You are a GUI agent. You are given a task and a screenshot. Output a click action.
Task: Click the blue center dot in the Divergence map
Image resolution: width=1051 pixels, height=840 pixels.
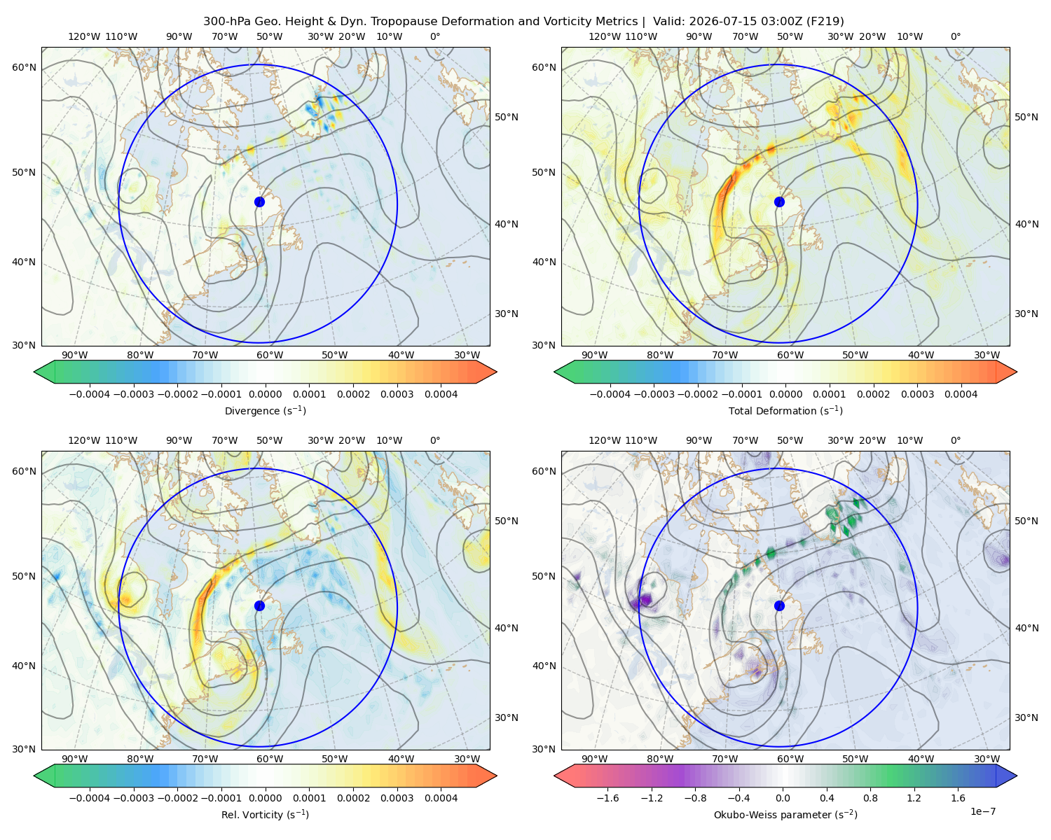(x=259, y=202)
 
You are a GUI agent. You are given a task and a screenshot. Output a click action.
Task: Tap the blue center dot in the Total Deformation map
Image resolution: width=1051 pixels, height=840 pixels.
(x=779, y=202)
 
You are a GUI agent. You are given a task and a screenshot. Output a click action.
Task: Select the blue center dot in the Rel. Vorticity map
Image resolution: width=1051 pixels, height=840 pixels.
(x=259, y=605)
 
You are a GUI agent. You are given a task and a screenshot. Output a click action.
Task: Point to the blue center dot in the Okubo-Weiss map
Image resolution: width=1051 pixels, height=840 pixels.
(x=779, y=605)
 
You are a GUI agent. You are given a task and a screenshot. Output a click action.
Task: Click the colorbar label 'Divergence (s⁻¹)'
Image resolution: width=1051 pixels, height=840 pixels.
(x=265, y=410)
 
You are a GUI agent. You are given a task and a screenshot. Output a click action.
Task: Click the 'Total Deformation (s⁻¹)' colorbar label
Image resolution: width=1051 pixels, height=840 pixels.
(x=785, y=410)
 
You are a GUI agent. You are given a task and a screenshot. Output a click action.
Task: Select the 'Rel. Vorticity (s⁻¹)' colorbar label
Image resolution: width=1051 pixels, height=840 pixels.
(x=265, y=814)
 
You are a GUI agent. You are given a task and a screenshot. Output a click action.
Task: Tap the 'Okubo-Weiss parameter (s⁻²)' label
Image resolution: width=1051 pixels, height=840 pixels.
(x=785, y=814)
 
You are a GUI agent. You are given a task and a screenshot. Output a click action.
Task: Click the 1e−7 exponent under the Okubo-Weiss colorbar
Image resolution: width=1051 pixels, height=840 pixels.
(x=982, y=811)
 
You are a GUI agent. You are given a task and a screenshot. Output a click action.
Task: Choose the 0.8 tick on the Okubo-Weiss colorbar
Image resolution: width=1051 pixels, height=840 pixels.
(x=870, y=797)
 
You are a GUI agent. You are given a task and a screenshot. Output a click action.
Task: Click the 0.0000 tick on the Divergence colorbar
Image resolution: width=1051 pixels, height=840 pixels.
(x=265, y=394)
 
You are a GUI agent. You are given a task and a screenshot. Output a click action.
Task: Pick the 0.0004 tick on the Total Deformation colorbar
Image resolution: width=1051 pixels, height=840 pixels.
(x=961, y=394)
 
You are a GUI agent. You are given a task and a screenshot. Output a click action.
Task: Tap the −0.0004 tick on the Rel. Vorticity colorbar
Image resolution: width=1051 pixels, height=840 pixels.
(x=90, y=797)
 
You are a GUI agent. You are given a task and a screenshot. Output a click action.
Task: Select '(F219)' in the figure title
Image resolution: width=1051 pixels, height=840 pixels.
(x=825, y=21)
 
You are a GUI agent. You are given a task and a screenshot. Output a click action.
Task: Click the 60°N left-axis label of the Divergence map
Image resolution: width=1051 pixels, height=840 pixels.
(x=24, y=67)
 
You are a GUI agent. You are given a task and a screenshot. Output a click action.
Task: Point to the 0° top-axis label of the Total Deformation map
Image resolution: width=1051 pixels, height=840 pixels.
(x=955, y=36)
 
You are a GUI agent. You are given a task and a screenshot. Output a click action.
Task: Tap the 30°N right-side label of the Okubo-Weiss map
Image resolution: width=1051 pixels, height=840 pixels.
(x=1026, y=717)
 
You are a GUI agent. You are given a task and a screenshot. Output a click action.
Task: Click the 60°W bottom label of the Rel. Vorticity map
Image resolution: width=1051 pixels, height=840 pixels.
(x=270, y=759)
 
